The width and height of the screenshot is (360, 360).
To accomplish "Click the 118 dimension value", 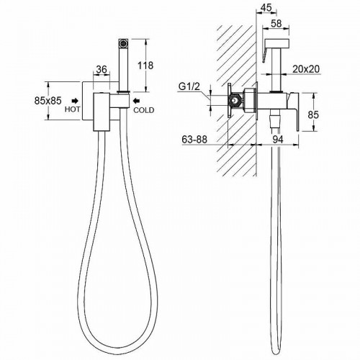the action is click(x=145, y=66).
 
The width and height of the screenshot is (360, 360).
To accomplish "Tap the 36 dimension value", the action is click(x=102, y=69).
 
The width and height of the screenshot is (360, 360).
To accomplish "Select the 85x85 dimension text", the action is click(x=48, y=101).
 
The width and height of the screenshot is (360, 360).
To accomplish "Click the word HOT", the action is click(x=72, y=109).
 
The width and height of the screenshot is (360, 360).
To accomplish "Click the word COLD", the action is click(x=143, y=110).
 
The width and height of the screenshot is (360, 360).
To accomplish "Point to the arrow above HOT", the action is click(x=76, y=100).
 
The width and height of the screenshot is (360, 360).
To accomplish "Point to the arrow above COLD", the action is click(x=137, y=100).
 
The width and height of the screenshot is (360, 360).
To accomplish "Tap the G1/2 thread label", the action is click(x=189, y=86).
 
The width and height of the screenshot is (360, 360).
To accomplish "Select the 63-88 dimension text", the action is click(x=194, y=139).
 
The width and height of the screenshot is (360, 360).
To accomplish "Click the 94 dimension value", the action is click(x=278, y=140).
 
